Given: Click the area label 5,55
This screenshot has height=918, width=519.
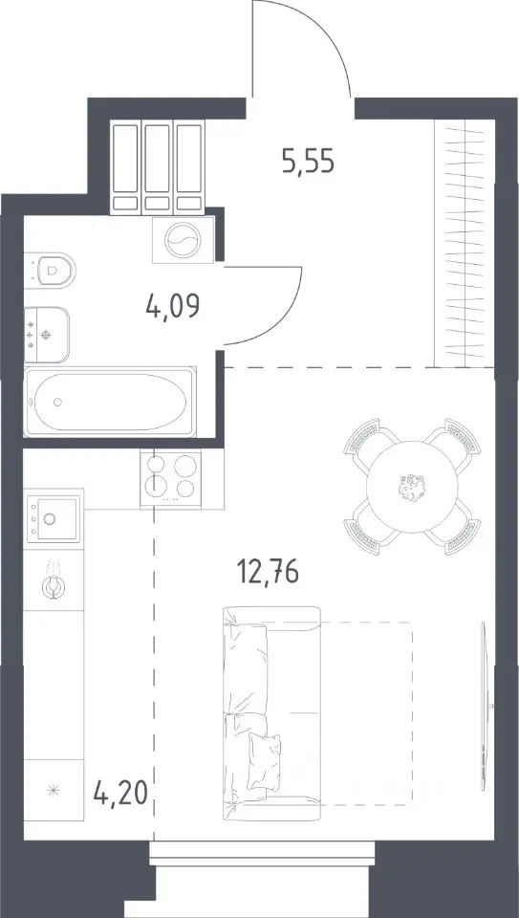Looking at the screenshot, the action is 308,163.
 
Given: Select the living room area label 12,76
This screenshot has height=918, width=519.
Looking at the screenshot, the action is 268,572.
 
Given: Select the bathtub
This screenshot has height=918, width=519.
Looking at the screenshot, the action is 110,402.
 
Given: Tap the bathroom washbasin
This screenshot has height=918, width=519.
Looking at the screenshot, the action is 46,335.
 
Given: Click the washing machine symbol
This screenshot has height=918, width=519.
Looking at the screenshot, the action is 183,240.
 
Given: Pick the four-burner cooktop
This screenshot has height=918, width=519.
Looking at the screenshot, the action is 170,478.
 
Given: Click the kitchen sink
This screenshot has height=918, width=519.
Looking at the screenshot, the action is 54,517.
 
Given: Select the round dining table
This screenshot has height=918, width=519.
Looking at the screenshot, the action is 412,487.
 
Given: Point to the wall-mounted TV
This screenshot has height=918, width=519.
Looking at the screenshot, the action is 484,706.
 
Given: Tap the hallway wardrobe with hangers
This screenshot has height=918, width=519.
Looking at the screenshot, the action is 465,243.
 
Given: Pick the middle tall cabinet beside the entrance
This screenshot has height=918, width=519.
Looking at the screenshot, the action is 157,167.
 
